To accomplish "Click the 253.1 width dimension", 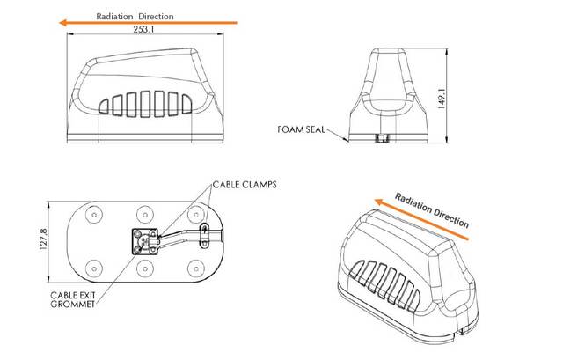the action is tap(143, 29).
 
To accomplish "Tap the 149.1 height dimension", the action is tap(442, 99).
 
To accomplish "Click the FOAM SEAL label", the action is tap(301, 129).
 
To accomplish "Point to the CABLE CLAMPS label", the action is tap(245, 185).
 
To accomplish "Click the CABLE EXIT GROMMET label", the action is tap(73, 299).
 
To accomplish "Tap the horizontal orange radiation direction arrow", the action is tap(148, 23).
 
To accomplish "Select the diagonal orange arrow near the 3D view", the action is tap(421, 219).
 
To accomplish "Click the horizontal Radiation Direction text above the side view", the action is tap(135, 16).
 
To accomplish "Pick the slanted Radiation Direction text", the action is tap(432, 210).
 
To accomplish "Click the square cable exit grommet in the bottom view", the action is tap(145, 242).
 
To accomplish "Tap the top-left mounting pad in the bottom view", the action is tap(94, 215).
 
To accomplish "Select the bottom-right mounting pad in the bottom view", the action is tap(196, 268).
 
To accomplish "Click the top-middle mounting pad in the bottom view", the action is tap(145, 215).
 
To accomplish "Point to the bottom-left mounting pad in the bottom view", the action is tap(94, 268).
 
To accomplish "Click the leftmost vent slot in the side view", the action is tap(104, 107).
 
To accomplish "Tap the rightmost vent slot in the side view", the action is tap(186, 104).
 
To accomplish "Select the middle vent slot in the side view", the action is tap(145, 104).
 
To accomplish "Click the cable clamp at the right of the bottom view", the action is tap(204, 235).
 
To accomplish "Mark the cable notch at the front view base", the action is tap(383, 139).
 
